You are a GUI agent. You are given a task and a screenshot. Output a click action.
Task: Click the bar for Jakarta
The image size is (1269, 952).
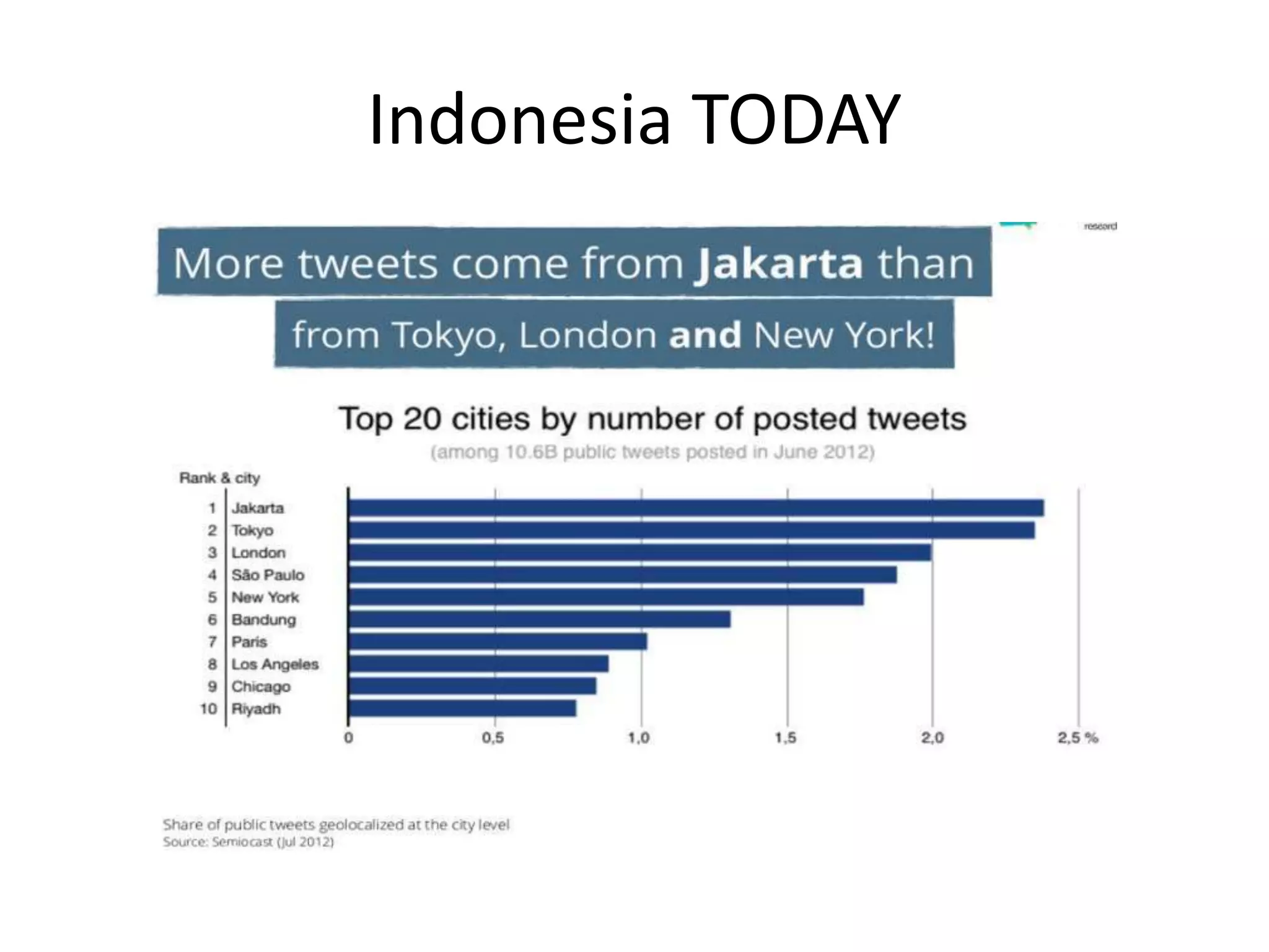(x=696, y=508)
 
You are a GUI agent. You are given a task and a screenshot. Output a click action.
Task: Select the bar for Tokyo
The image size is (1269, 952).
(x=691, y=531)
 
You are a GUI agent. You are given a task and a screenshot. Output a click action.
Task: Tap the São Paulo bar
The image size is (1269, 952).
(x=622, y=575)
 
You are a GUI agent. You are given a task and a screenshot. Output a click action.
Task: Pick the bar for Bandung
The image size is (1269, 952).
(x=539, y=620)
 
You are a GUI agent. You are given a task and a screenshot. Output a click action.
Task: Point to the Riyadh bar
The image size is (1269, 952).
(x=462, y=708)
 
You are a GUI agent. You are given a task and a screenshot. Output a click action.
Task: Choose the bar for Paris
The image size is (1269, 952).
(x=498, y=641)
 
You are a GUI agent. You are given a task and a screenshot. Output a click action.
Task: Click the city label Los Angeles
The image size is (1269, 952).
(x=275, y=664)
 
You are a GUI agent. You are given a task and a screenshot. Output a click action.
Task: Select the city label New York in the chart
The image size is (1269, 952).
(x=265, y=597)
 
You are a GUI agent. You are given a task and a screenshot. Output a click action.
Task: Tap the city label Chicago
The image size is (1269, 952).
(x=261, y=687)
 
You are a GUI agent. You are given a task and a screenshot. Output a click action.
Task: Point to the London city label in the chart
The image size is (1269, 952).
(x=258, y=553)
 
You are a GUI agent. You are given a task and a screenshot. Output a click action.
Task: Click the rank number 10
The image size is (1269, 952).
(x=208, y=708)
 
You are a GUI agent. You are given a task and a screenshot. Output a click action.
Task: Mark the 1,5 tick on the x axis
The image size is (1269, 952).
(x=786, y=738)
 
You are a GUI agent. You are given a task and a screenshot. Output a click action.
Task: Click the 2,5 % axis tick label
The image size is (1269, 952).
(x=1078, y=738)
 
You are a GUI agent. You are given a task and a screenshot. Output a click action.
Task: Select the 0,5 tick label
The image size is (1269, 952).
(x=493, y=738)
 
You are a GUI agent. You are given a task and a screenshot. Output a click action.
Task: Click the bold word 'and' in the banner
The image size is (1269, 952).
(x=705, y=335)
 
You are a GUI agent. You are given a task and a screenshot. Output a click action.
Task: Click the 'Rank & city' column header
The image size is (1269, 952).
(x=219, y=478)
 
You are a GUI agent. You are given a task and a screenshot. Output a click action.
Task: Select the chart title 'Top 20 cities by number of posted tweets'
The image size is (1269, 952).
(x=652, y=419)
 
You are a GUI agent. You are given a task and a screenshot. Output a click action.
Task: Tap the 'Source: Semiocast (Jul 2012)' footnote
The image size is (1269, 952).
(x=248, y=842)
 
